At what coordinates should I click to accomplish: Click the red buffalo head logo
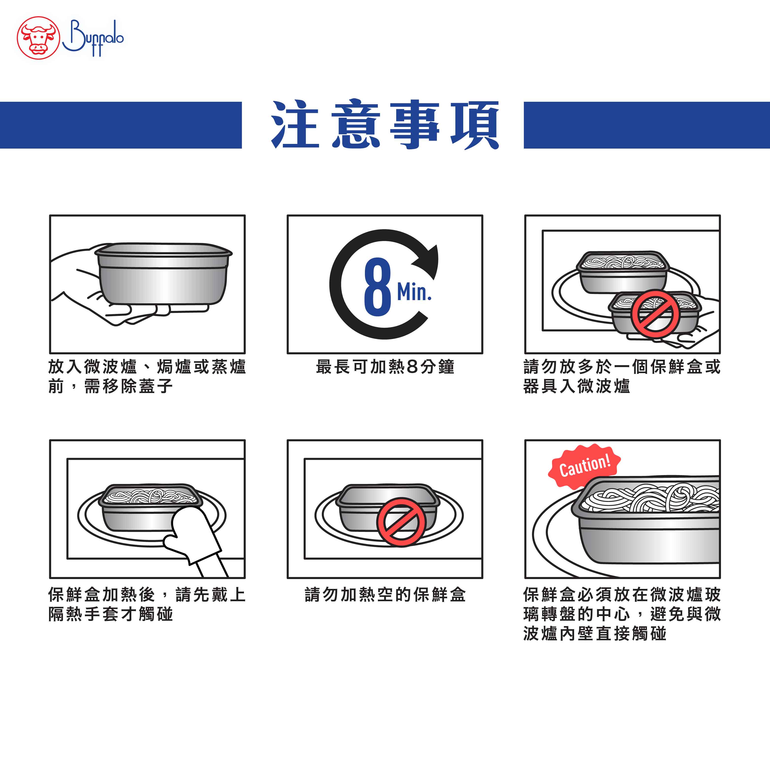38,38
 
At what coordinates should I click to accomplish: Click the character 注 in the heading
295,125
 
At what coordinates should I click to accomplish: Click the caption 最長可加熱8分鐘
385,367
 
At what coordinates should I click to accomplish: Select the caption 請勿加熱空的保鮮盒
385,595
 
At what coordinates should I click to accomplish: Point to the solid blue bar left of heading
121,125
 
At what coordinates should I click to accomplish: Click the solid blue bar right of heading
647,125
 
